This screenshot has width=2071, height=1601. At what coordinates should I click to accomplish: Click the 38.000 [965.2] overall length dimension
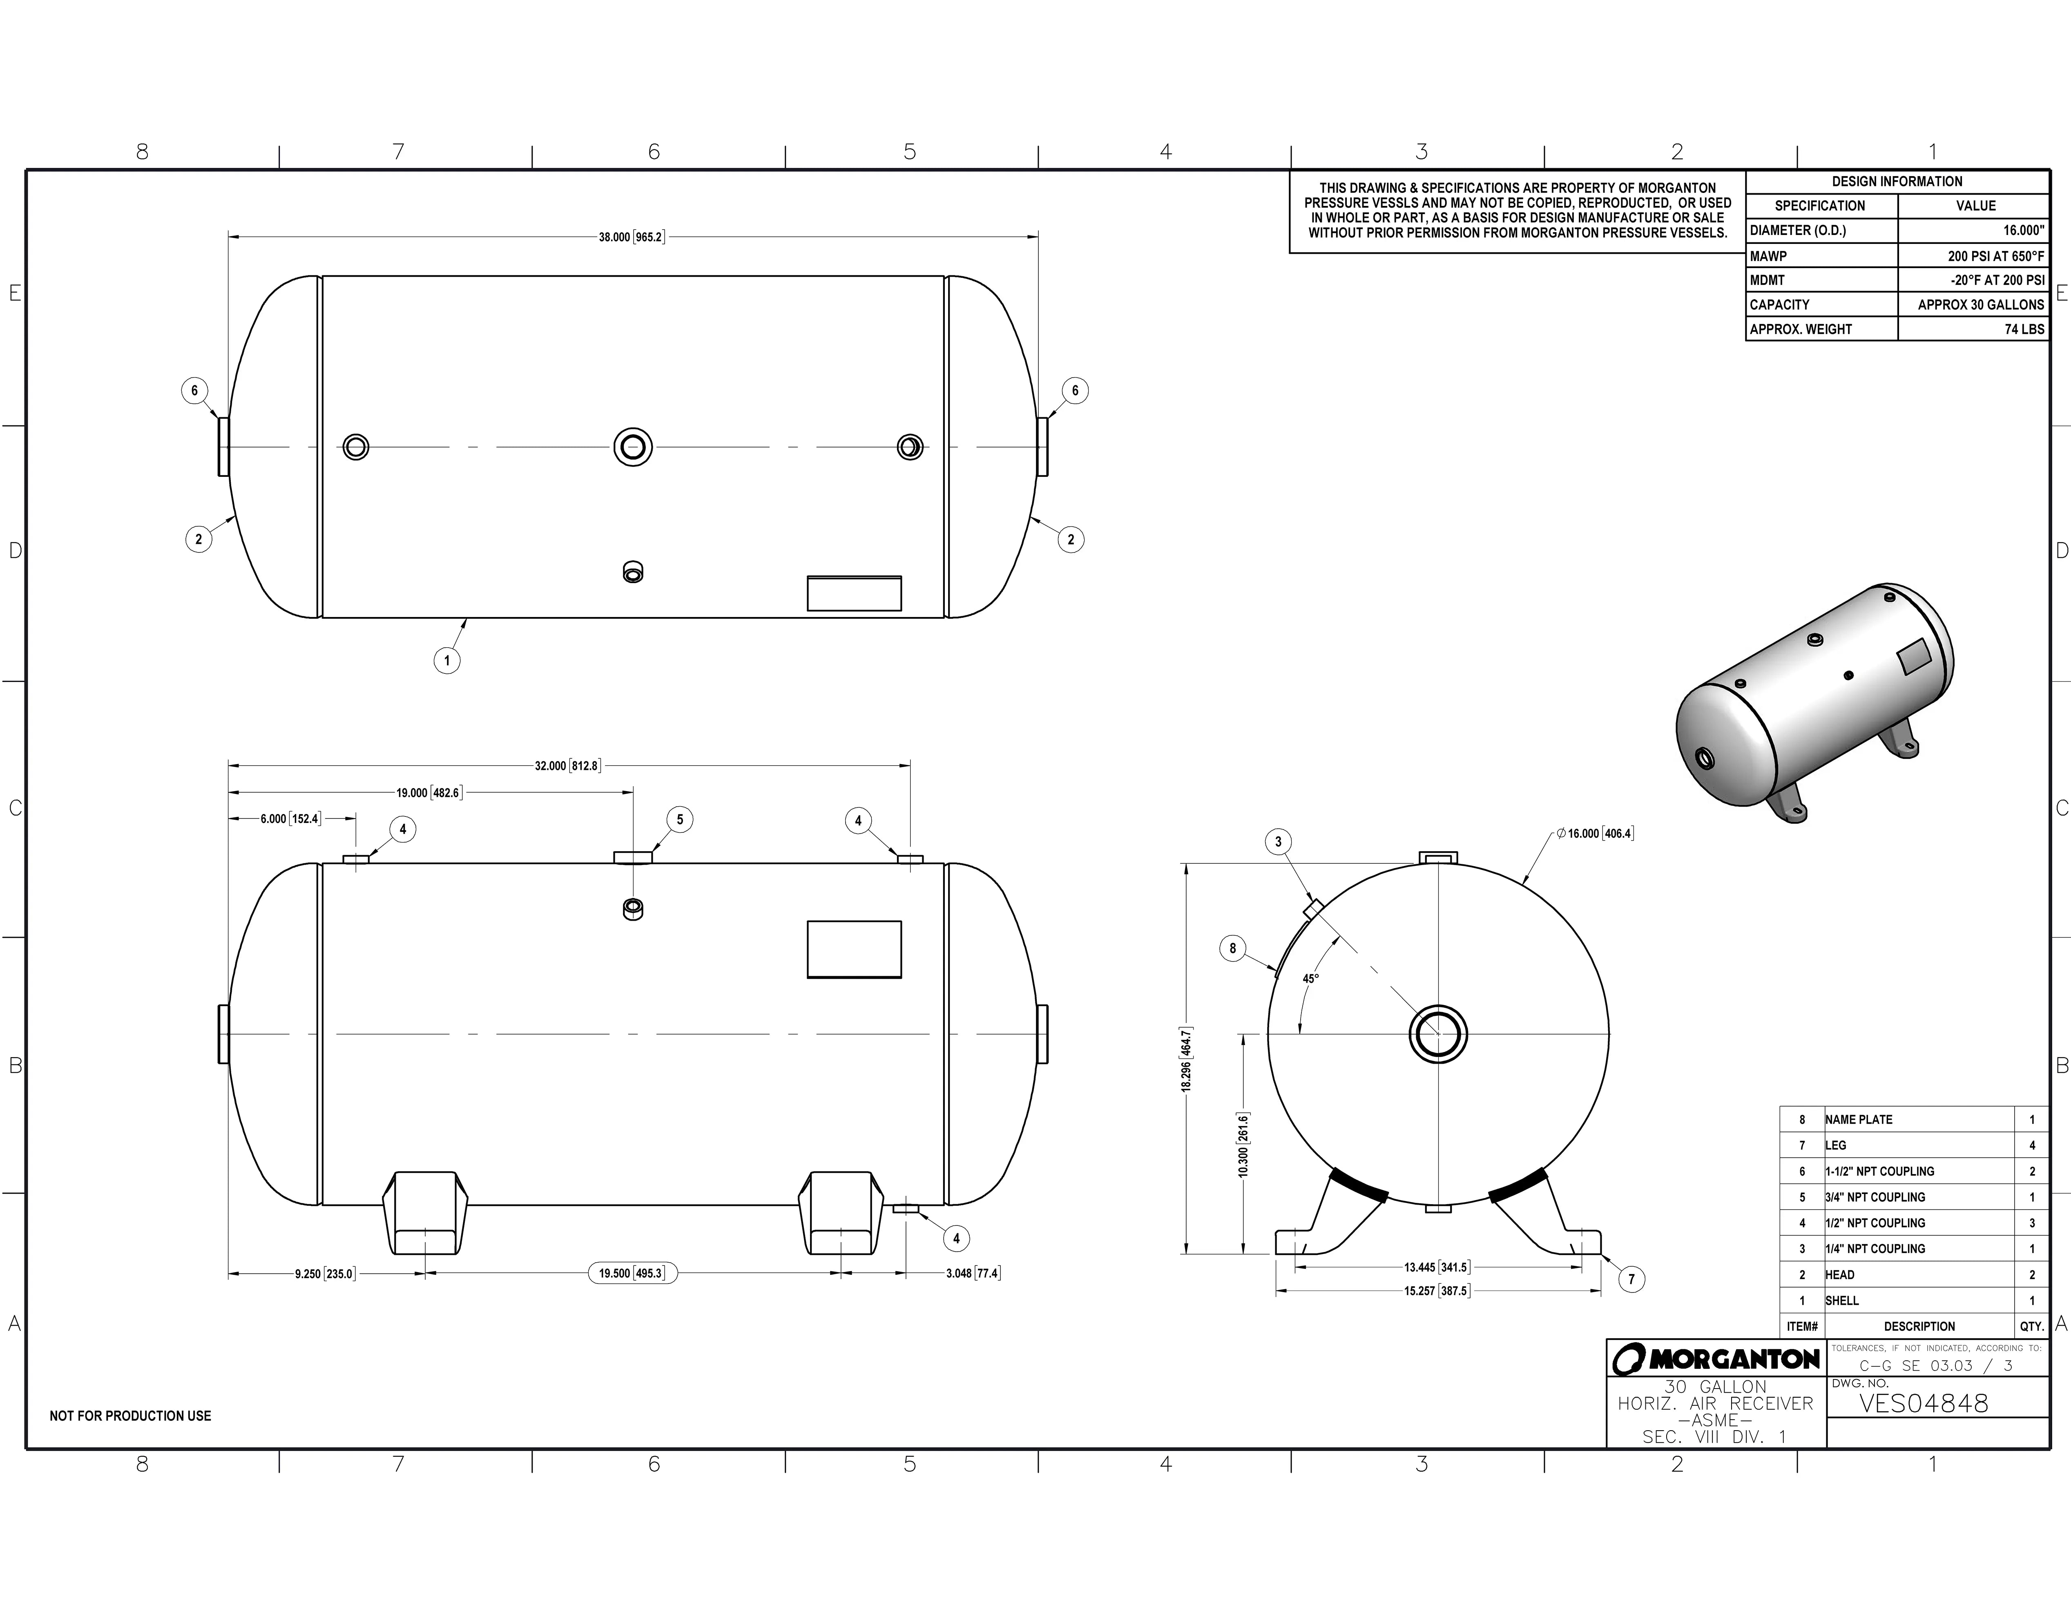click(632, 237)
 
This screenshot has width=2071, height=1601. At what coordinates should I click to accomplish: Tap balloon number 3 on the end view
click(1277, 841)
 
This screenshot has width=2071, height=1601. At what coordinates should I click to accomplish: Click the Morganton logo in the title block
click(1715, 1359)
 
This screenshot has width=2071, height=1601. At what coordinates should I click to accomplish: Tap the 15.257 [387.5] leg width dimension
click(1437, 1291)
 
